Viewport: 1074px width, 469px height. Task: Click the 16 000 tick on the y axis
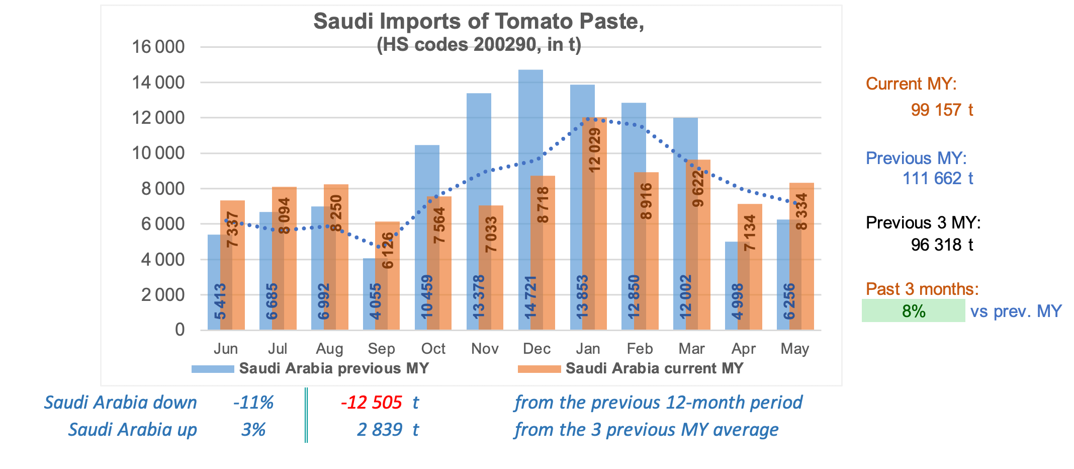tap(158, 47)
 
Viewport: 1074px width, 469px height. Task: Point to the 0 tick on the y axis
tap(180, 330)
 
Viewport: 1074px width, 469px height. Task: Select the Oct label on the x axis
tap(433, 349)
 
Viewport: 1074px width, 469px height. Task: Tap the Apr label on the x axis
tap(743, 349)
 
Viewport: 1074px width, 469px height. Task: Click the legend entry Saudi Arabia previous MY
tap(333, 368)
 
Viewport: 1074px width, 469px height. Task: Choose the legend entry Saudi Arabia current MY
tap(654, 368)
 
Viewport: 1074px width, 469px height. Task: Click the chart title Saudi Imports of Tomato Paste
tap(479, 22)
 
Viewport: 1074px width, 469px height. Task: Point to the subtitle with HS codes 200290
tap(479, 45)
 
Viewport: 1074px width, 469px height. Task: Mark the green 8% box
tap(913, 311)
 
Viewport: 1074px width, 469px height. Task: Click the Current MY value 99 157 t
tap(941, 110)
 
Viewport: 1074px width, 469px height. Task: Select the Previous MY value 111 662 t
tap(937, 178)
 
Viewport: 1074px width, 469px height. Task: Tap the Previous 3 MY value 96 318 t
tap(941, 245)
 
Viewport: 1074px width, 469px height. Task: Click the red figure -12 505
tap(372, 403)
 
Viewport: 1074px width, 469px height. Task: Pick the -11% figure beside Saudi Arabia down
tap(253, 403)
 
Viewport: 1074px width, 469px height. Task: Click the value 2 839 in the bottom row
tap(380, 430)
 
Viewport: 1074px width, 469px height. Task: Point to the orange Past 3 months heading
tap(922, 289)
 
